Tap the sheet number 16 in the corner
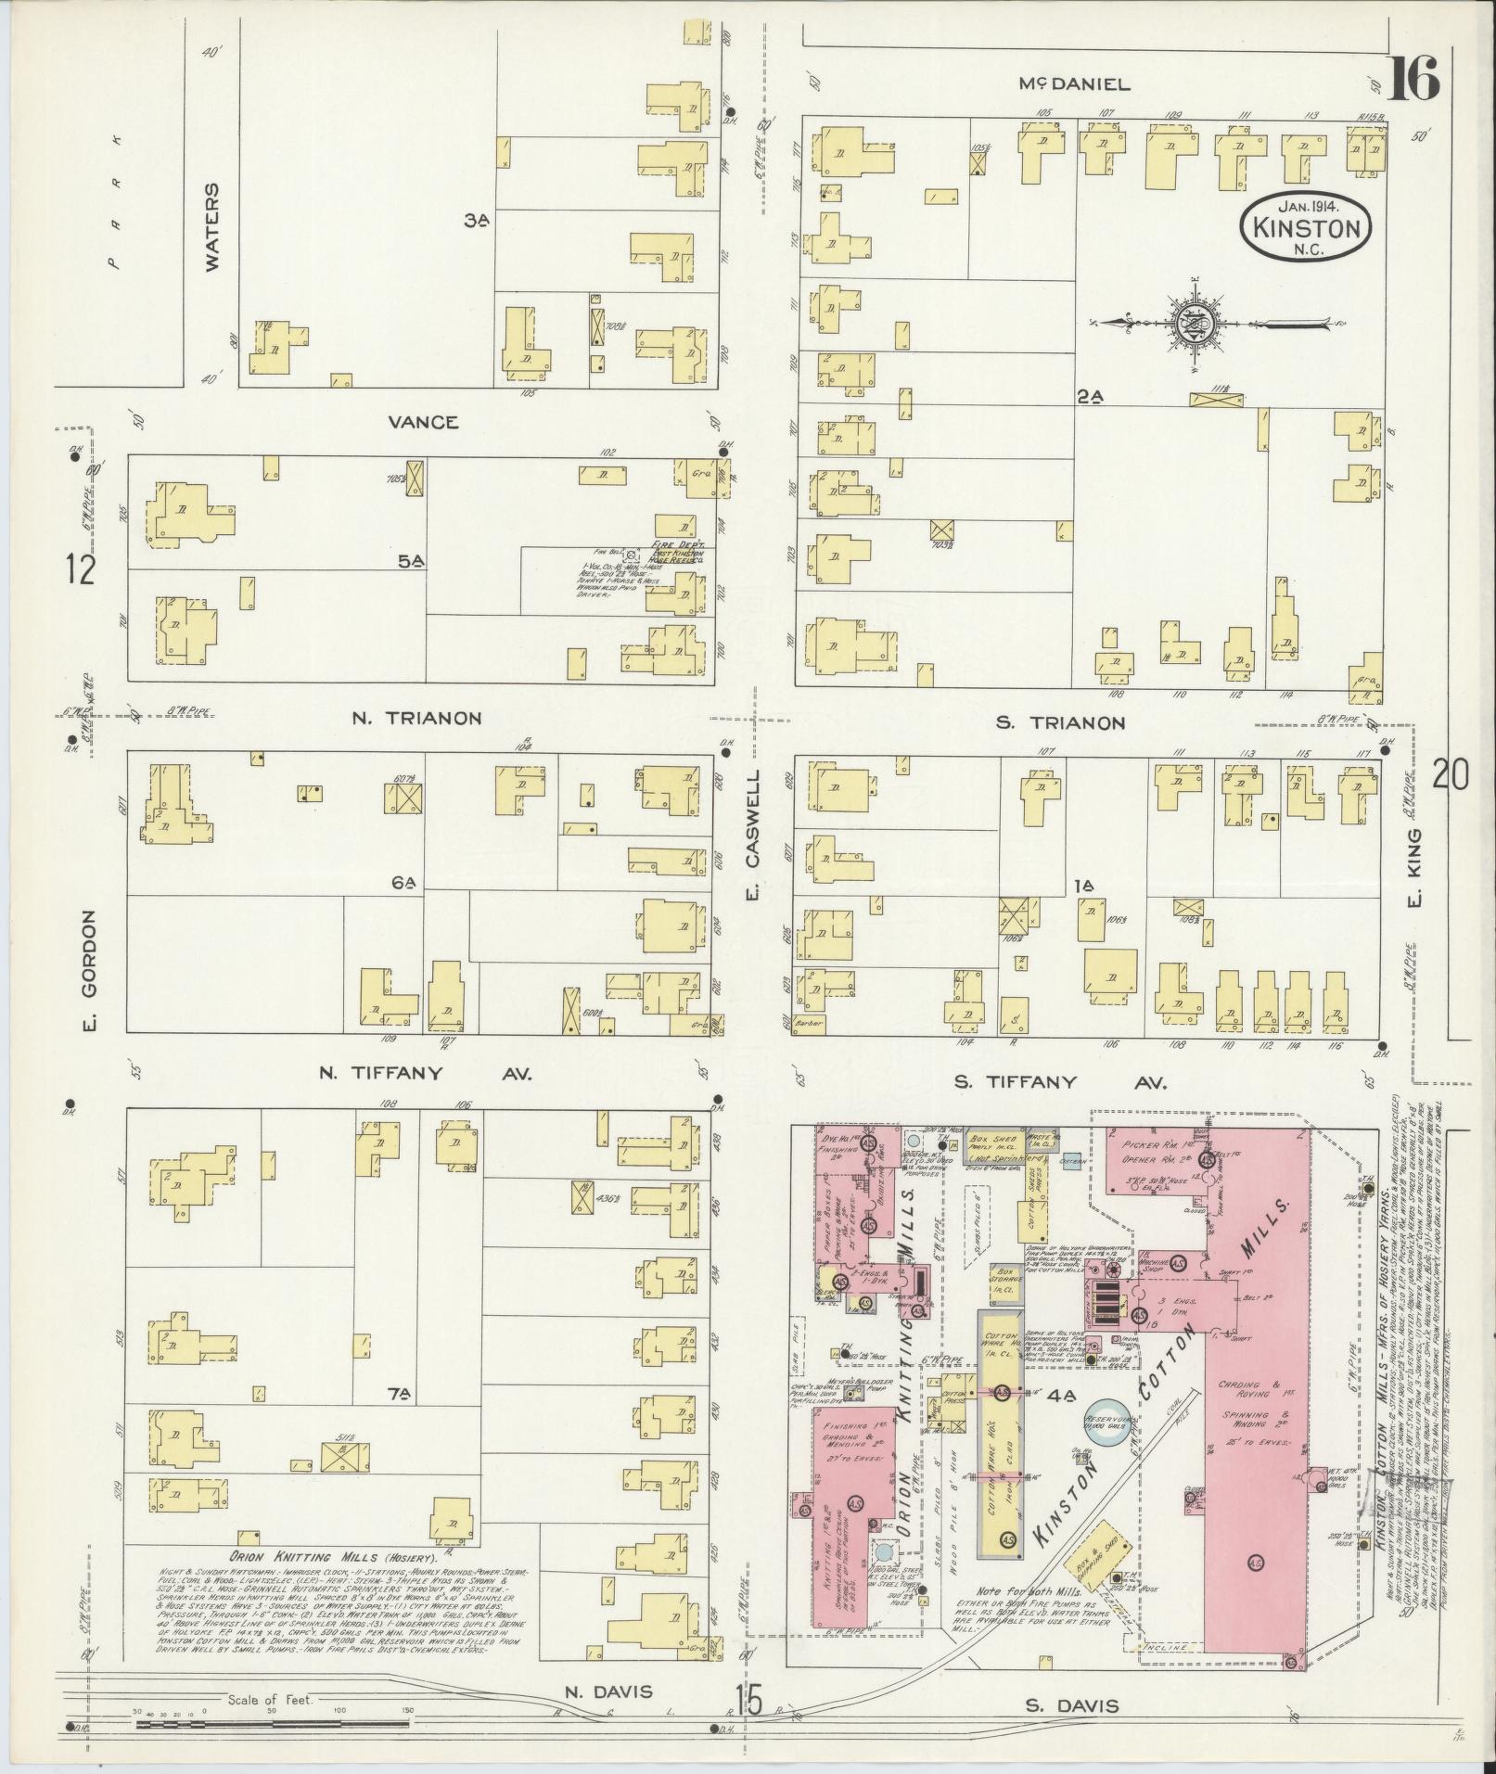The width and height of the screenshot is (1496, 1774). (x=1413, y=79)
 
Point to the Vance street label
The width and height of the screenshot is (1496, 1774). (x=423, y=423)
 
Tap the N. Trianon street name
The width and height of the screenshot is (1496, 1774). (x=416, y=718)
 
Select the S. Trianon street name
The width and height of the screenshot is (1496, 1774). (x=1060, y=722)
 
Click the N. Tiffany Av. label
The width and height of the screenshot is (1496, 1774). (x=424, y=1074)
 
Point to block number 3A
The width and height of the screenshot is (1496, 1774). (x=477, y=220)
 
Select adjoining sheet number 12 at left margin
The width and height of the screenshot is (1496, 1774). (x=81, y=569)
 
